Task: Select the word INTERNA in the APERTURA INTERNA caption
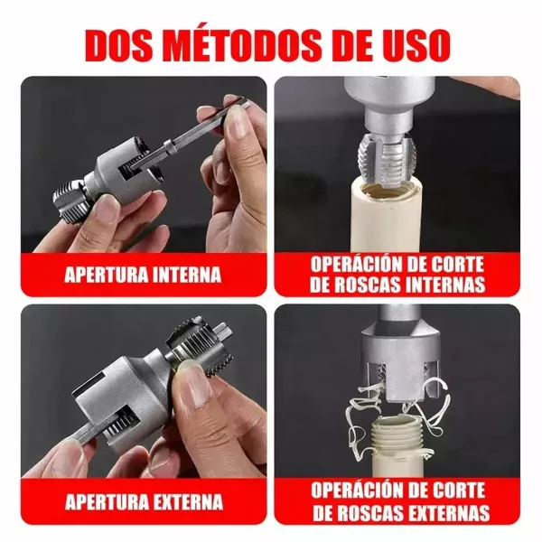(x=187, y=275)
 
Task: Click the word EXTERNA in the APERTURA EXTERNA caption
(x=189, y=502)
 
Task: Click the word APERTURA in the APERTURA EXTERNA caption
(x=107, y=502)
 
